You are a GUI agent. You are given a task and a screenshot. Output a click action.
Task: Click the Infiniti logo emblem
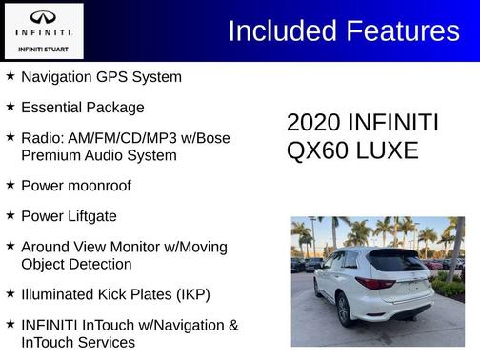click(x=43, y=17)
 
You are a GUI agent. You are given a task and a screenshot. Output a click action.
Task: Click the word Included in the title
click(x=279, y=31)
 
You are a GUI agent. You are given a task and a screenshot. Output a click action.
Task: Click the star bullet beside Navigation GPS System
click(x=10, y=75)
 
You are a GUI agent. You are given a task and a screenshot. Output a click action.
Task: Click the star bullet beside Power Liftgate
click(x=10, y=215)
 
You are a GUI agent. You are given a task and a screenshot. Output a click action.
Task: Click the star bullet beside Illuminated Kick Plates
click(x=10, y=293)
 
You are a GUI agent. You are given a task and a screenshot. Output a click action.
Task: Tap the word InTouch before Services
click(x=51, y=342)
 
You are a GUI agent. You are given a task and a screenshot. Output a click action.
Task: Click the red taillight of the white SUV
click(x=374, y=283)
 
